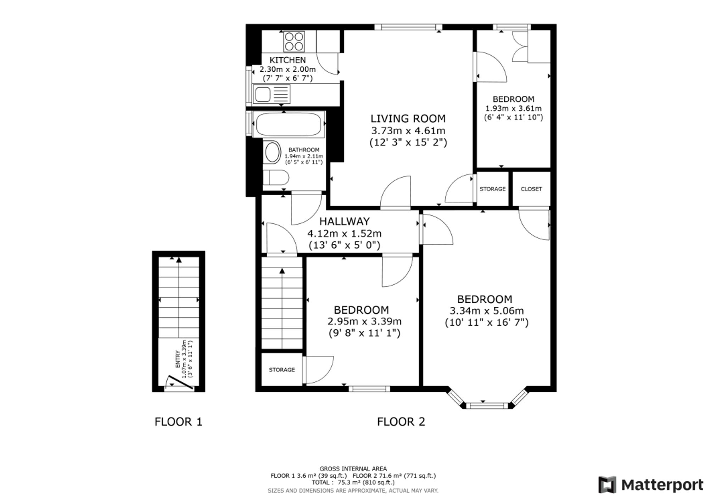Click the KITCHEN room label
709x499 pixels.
[287, 60]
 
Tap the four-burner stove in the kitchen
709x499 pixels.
[294, 41]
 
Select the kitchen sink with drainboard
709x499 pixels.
[272, 94]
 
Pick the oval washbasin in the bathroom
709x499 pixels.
[272, 152]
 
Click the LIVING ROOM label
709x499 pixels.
[408, 118]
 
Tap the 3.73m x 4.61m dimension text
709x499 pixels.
[408, 130]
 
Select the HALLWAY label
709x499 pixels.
[344, 222]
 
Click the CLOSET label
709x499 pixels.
[531, 189]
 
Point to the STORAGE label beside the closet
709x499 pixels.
[492, 189]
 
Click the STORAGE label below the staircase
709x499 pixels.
[282, 370]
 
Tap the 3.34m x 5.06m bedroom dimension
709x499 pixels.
[487, 311]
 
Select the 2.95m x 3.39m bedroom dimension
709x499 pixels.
[364, 321]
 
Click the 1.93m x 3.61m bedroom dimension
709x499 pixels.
[513, 108]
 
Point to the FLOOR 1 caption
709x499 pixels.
[178, 422]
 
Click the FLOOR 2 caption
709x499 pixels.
[401, 422]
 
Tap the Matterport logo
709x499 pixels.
[651, 485]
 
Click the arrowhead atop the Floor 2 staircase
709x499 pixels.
[282, 271]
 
